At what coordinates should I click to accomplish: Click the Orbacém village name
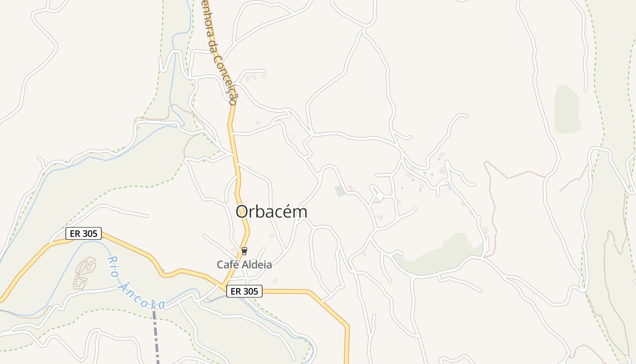tap(271, 212)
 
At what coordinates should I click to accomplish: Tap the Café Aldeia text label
tap(244, 264)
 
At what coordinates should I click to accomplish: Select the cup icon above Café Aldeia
tap(244, 251)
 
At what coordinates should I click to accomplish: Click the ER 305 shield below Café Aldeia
tap(244, 291)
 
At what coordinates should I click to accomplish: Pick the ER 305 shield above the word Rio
tap(84, 234)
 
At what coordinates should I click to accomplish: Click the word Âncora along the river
tap(141, 297)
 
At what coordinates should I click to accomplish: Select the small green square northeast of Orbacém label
tap(340, 191)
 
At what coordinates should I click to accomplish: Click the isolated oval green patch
tap(567, 110)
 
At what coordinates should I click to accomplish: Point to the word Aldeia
tap(258, 264)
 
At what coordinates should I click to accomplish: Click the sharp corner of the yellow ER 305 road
tap(348, 326)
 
